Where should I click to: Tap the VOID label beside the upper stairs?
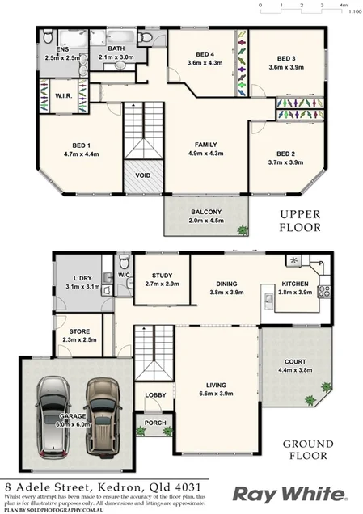(x=143, y=175)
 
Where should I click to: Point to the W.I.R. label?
(x=65, y=98)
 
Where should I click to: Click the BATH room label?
(x=116, y=48)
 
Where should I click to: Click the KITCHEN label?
(x=295, y=284)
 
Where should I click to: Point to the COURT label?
(x=294, y=362)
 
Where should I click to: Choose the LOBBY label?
(x=155, y=394)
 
